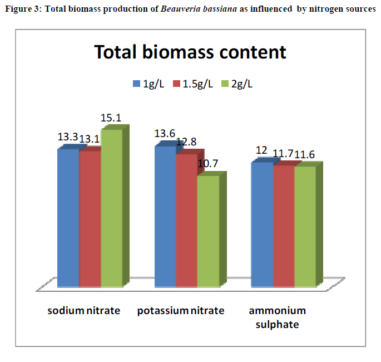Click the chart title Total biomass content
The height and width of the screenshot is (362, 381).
click(x=190, y=52)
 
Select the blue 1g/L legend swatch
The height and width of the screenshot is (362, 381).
click(x=136, y=84)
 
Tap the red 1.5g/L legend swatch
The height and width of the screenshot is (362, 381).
click(x=177, y=84)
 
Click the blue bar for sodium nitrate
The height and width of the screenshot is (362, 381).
click(x=68, y=217)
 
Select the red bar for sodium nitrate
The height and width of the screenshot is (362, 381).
click(x=90, y=218)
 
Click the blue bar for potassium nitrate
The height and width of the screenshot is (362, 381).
click(x=165, y=216)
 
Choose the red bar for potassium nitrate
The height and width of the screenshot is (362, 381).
click(x=186, y=219)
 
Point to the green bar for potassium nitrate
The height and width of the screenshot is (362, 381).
click(x=208, y=231)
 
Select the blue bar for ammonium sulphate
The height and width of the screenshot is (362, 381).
click(x=262, y=224)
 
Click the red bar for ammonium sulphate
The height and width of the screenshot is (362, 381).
click(x=283, y=225)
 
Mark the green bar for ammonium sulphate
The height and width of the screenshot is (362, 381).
click(x=305, y=225)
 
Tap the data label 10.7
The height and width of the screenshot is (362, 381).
click(x=208, y=164)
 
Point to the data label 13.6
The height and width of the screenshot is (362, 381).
click(x=165, y=134)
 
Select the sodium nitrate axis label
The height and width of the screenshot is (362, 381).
click(x=83, y=310)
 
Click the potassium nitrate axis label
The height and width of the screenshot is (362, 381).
click(x=181, y=310)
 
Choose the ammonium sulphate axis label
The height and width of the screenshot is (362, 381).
click(x=278, y=317)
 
